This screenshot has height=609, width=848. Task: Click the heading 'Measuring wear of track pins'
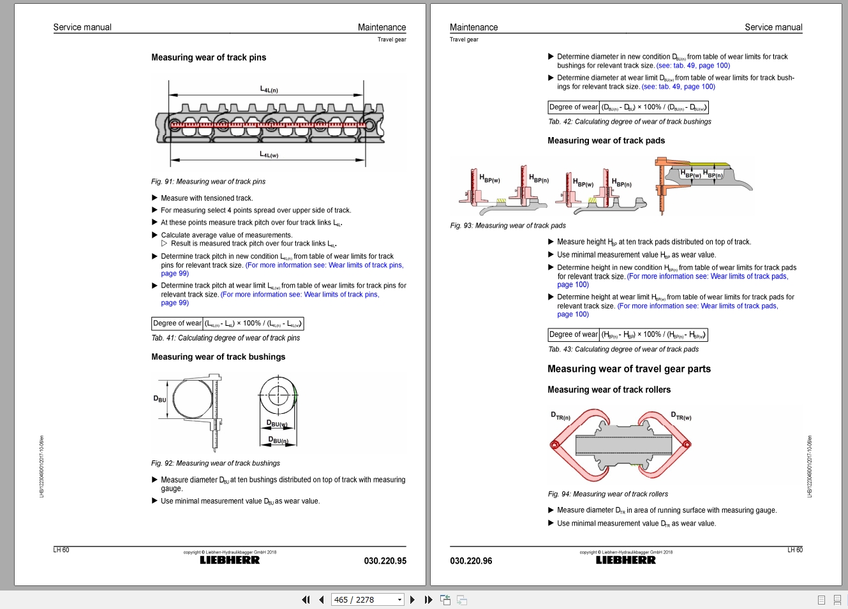pos(209,57)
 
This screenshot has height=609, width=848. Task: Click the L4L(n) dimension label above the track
pos(269,90)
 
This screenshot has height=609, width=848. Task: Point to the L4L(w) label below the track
pos(269,155)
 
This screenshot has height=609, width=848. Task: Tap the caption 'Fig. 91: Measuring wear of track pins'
pos(208,182)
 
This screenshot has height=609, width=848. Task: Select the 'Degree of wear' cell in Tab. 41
pos(177,323)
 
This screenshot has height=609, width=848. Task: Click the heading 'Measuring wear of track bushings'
pos(218,357)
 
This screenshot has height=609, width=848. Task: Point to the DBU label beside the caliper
pos(160,399)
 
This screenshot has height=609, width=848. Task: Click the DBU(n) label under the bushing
pos(278,440)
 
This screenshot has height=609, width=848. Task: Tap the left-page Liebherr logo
pos(230,560)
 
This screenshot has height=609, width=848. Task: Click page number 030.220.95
pos(385,561)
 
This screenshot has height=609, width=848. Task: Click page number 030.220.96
pos(471,561)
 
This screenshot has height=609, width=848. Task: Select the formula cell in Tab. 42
pos(654,107)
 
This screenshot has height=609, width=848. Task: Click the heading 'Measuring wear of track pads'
pos(606,141)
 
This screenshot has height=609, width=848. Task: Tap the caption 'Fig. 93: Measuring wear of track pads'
pos(508,226)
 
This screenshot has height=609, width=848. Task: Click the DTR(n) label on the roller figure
pos(560,416)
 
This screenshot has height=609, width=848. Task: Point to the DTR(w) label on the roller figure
pos(681,416)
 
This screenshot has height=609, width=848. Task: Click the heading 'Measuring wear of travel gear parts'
pos(629,369)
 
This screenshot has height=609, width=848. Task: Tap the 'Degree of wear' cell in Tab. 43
pos(574,335)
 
